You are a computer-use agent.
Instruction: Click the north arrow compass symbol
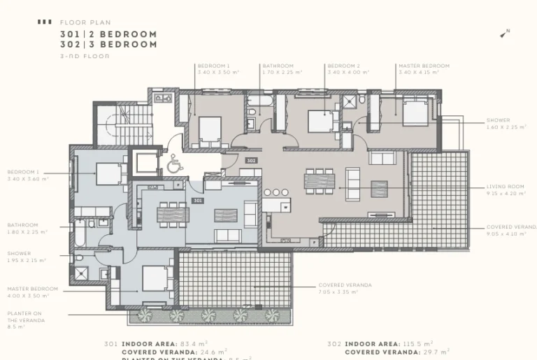(x=505, y=33)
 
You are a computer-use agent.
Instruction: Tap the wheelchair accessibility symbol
(x=173, y=165)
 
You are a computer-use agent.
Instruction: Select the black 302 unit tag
(x=252, y=160)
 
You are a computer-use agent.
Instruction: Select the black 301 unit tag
(x=198, y=200)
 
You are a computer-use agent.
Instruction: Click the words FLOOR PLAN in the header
(x=85, y=22)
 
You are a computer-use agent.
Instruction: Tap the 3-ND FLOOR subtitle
(x=85, y=55)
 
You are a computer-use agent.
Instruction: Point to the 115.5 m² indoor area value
(x=420, y=344)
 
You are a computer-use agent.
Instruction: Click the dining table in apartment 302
(x=319, y=180)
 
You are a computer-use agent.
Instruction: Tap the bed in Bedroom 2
(x=320, y=121)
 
